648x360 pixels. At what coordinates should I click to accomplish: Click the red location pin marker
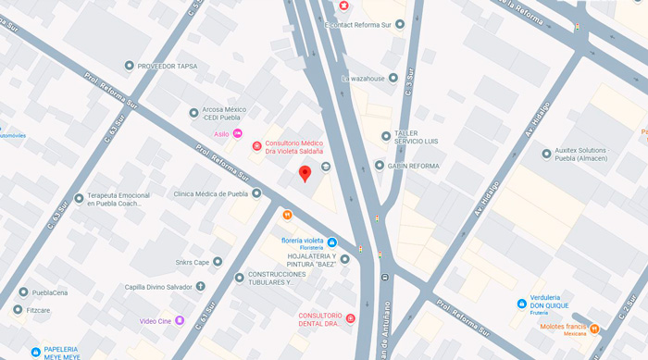[305, 174]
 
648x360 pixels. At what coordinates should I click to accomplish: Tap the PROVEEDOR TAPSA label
[168, 66]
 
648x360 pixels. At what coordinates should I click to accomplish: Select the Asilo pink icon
[238, 134]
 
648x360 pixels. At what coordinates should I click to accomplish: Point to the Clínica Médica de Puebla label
[211, 194]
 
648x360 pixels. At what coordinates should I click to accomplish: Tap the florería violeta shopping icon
[332, 243]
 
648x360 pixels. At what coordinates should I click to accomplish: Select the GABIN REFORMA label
[413, 166]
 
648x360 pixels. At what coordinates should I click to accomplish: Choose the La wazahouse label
[365, 79]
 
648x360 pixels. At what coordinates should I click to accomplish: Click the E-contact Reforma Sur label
[359, 24]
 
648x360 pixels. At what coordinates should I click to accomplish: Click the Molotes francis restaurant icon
[594, 329]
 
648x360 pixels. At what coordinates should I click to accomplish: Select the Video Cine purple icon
[180, 321]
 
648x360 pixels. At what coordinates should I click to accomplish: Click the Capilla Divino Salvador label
[158, 287]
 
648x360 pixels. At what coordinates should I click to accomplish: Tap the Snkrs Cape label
[193, 262]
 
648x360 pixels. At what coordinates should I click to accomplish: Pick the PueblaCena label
[50, 292]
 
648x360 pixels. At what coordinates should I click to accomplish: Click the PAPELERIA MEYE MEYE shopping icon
[35, 353]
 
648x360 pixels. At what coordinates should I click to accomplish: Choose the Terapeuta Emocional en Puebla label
[118, 199]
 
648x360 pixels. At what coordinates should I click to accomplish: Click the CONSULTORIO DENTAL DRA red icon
[351, 319]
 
